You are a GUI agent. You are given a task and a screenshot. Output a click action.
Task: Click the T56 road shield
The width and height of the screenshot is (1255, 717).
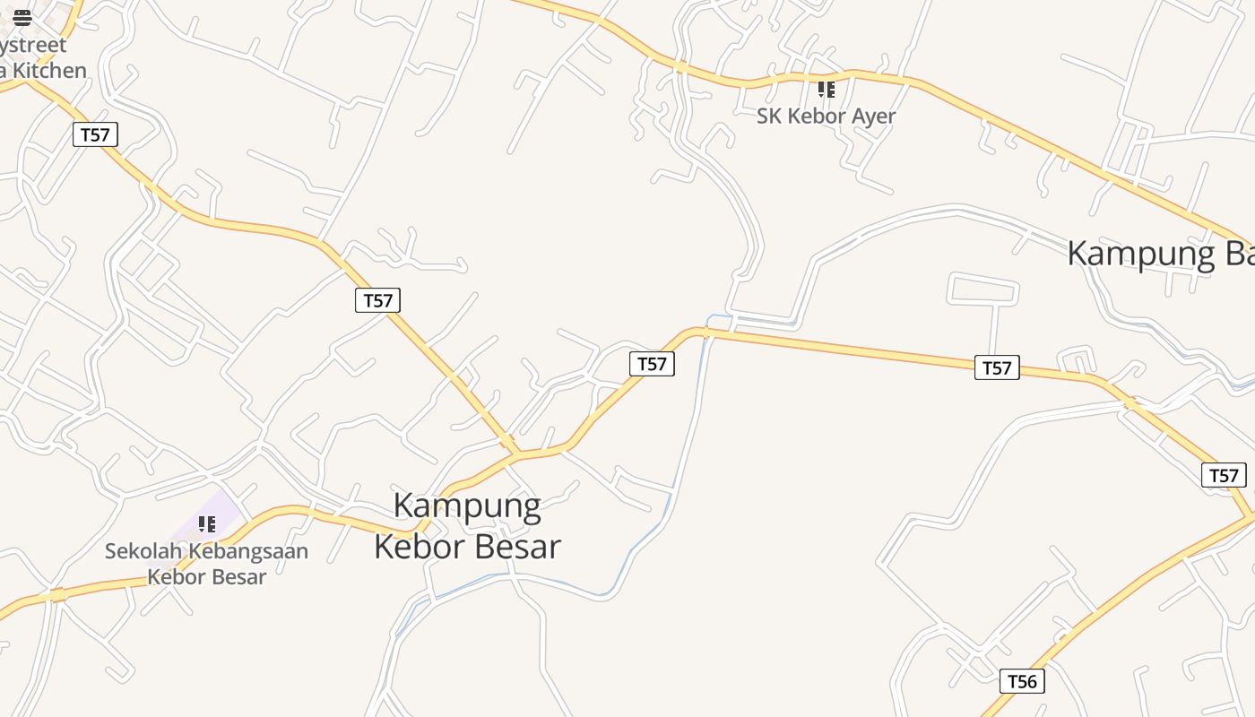point(1022,681)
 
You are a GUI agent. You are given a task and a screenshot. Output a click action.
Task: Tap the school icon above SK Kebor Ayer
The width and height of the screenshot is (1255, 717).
point(826,90)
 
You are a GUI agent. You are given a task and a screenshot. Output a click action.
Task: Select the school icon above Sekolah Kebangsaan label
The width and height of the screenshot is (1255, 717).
point(207,524)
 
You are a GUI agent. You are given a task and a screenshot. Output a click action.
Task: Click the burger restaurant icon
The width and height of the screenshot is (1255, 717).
point(22,17)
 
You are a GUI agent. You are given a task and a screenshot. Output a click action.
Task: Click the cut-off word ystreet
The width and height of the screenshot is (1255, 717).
point(33,44)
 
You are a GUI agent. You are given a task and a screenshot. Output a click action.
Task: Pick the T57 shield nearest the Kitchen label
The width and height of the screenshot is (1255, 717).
point(95,134)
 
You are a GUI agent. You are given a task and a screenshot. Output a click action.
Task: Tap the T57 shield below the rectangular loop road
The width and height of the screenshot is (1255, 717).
point(997,367)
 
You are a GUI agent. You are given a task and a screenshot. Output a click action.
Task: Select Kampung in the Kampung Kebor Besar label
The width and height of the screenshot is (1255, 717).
point(467,506)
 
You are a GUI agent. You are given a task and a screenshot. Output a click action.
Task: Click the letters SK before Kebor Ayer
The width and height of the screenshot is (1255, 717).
point(769,116)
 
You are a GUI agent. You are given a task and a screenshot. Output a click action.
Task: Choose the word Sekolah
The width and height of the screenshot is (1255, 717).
point(142,551)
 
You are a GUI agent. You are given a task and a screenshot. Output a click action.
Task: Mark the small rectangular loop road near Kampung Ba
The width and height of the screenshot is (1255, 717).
point(982,289)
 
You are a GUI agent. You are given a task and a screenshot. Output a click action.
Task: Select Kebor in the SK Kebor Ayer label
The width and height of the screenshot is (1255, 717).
point(817,116)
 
